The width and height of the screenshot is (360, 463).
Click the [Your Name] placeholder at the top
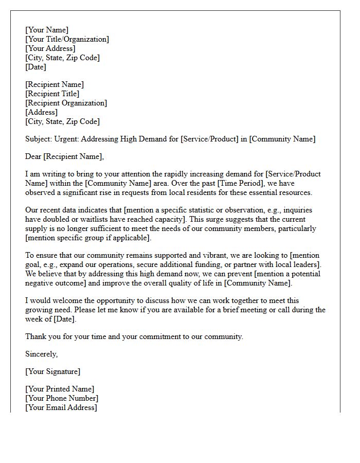(47, 30)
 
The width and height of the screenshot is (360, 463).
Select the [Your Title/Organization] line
(67, 39)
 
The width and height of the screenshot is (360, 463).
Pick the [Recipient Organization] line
(66, 103)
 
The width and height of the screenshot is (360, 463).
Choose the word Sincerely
(41, 354)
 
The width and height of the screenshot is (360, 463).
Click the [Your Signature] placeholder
(52, 371)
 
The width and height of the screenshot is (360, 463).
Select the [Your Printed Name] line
(60, 389)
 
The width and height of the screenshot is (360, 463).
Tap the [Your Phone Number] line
(62, 398)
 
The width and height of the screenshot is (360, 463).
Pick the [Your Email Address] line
(61, 407)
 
